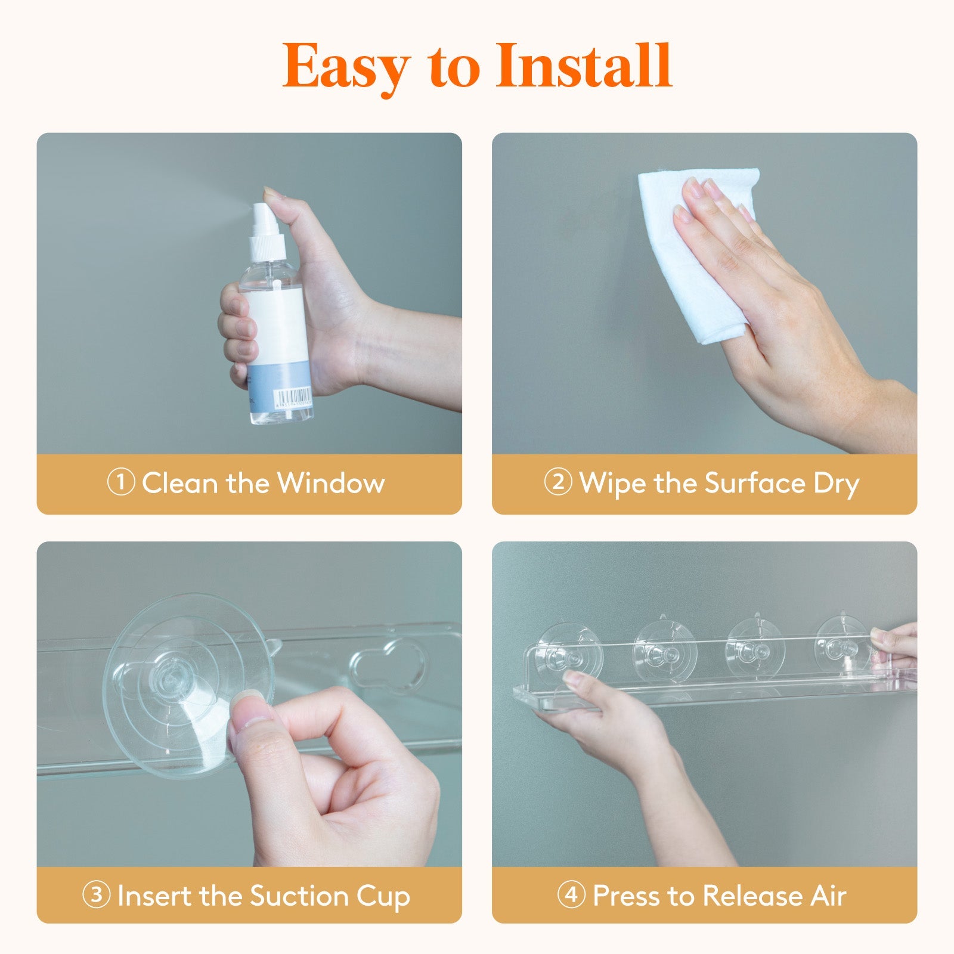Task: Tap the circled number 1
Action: (x=120, y=482)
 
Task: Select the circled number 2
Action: (x=558, y=482)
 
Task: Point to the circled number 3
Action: (x=96, y=895)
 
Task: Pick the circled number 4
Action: (x=571, y=895)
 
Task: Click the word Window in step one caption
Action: (x=331, y=482)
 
